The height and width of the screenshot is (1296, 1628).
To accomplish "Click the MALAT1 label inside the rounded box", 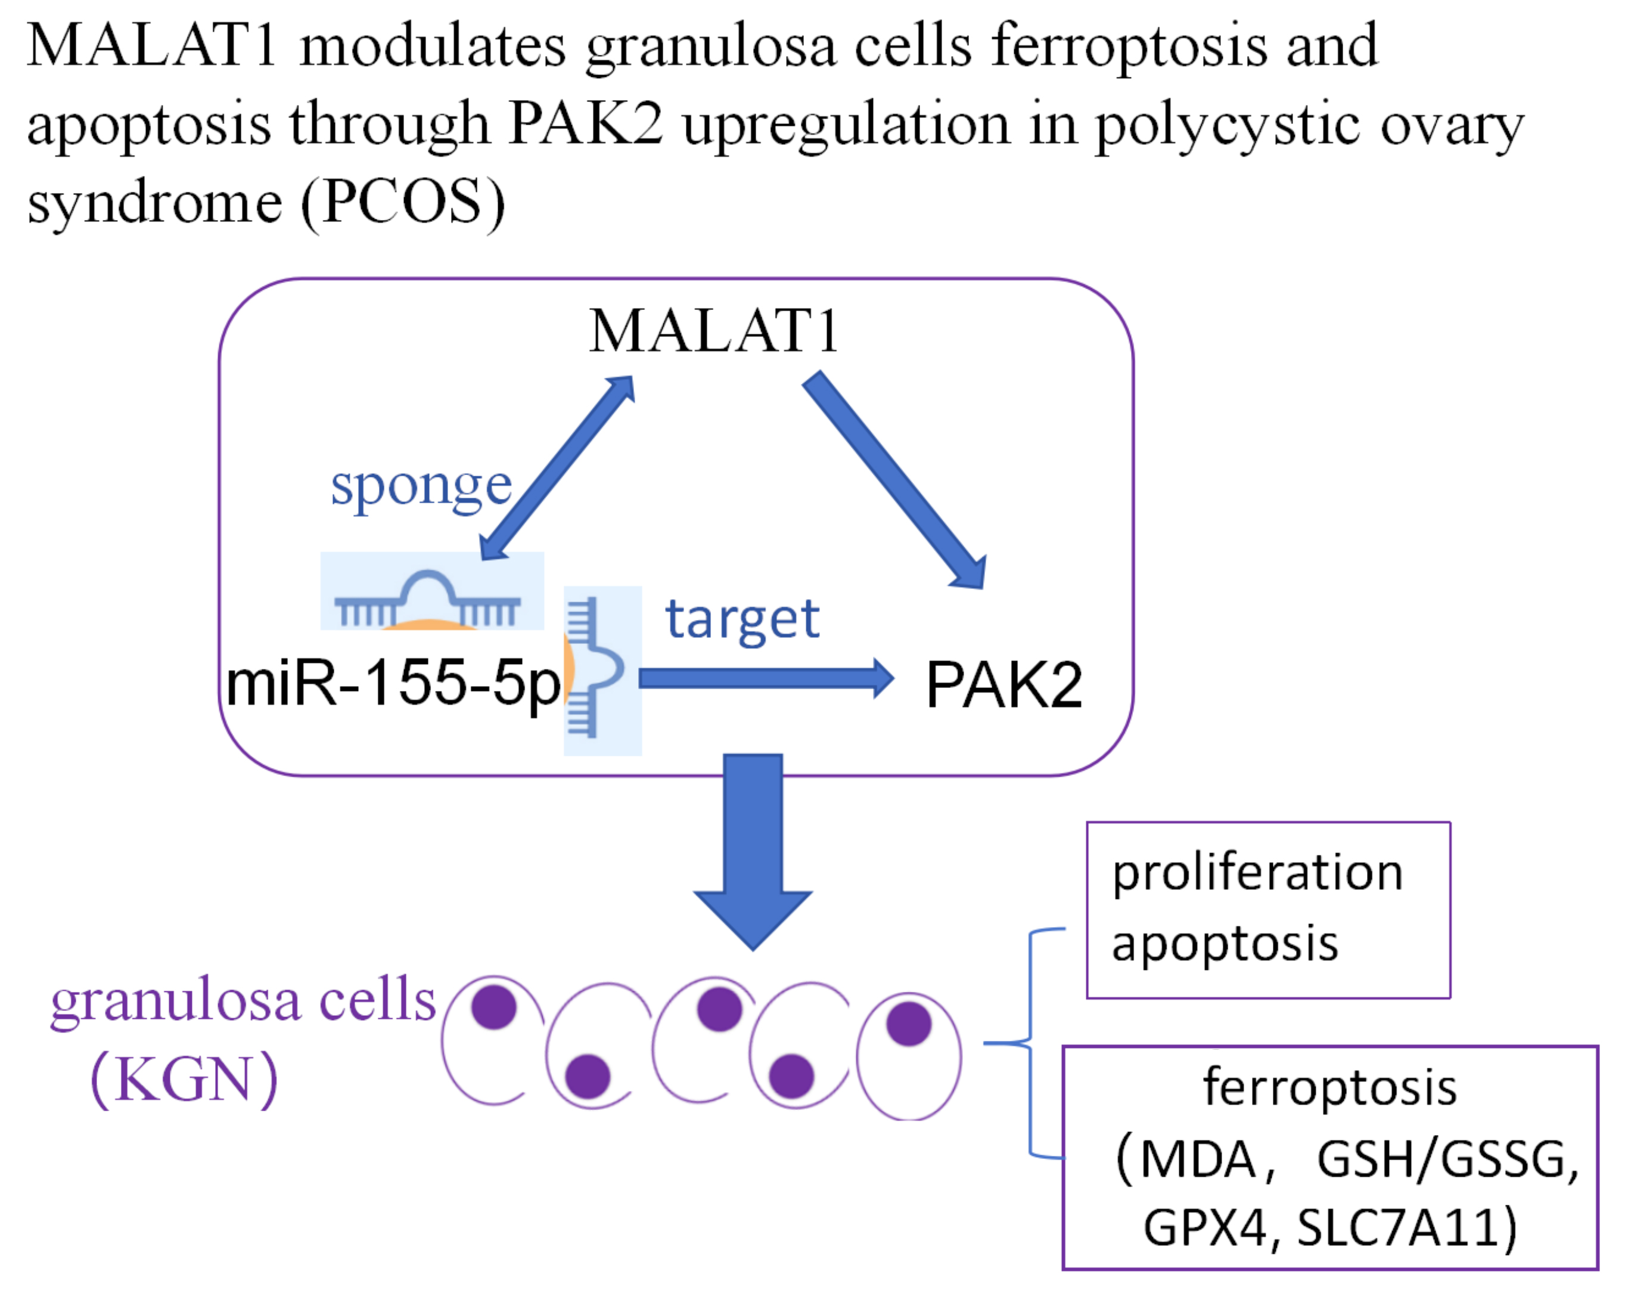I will point(713,331).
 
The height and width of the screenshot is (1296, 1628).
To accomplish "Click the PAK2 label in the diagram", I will point(1003,684).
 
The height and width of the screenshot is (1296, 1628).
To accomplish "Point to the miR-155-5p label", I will point(393,683).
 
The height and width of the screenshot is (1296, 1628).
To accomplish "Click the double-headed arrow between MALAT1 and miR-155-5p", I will point(557,467).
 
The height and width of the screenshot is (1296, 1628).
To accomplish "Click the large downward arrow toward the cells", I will point(753,854).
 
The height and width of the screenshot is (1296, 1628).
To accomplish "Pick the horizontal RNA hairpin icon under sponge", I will point(430,597).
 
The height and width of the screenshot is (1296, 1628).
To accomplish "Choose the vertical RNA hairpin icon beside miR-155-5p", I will point(596,668).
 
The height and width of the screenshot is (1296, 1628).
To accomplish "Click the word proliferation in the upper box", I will point(1257,874).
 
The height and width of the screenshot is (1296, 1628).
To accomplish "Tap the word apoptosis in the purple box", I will point(1225,944).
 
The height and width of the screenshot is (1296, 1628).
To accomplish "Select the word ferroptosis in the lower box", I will point(1329,1087).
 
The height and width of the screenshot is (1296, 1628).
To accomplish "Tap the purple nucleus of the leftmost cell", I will point(494,1007).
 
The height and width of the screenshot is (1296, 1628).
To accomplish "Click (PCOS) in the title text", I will point(402,203).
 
